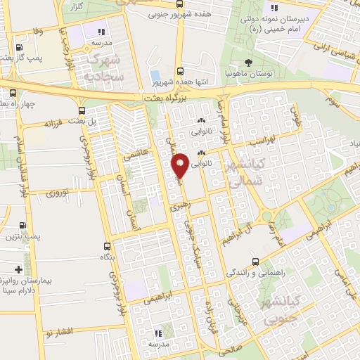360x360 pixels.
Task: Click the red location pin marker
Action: tap(181, 165)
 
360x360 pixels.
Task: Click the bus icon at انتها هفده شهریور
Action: tap(180, 71)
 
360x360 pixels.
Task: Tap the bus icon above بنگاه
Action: tap(107, 246)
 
